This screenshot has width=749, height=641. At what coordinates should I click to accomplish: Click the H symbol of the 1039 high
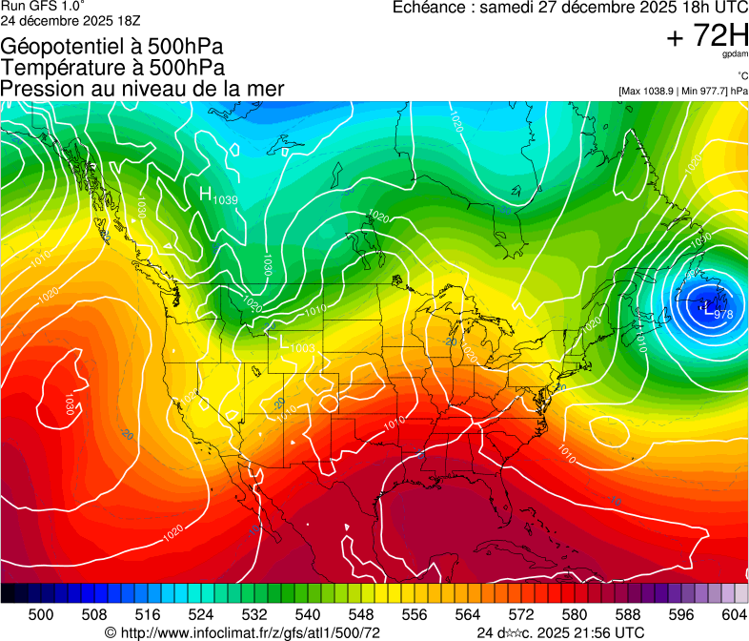point(205,194)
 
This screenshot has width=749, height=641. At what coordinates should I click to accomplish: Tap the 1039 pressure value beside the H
point(226,199)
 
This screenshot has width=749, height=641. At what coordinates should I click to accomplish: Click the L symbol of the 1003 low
point(282,340)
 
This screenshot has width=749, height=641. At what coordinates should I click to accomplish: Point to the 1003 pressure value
point(302,348)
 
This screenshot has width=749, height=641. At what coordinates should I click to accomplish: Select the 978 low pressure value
point(722,314)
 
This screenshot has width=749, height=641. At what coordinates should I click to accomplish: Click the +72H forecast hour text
point(708,36)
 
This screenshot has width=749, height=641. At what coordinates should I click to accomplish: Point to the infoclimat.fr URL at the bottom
point(251,632)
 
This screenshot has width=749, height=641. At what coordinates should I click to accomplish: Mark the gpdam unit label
point(734,54)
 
